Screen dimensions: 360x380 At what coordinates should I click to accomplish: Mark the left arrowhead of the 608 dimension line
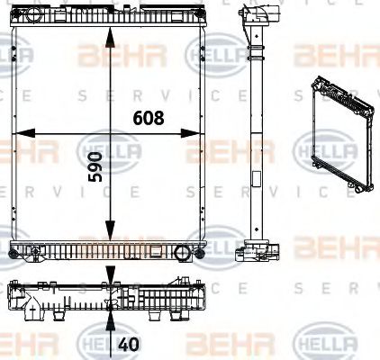tap(16, 135)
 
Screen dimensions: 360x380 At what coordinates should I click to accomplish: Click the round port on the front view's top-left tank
tap(33, 17)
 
